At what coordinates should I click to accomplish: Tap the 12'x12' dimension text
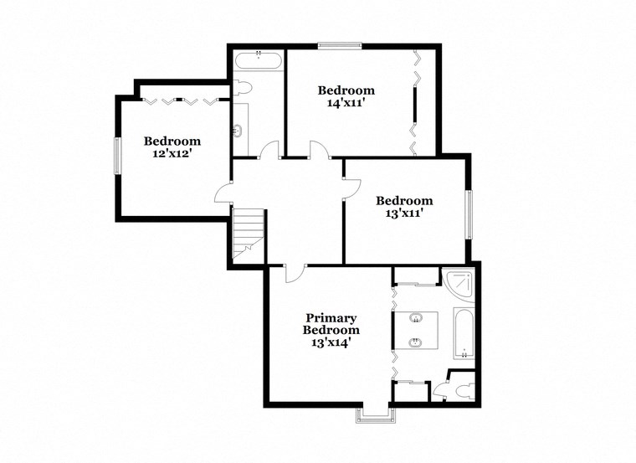[172, 154]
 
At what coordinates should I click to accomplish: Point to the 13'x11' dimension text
[404, 213]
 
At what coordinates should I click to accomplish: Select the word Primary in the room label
[331, 318]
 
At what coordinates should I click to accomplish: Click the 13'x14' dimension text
[331, 342]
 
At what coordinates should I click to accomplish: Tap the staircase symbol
[249, 235]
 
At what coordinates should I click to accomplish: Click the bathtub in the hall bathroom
[259, 59]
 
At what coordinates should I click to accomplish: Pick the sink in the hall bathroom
[238, 131]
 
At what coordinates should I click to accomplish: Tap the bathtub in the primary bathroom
[464, 332]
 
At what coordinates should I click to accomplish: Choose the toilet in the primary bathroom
[464, 389]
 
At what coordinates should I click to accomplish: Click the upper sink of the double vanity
[415, 318]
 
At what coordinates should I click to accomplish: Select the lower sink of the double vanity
[415, 342]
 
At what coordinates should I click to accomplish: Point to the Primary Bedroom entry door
[294, 272]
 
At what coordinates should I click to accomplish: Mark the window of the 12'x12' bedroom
[117, 155]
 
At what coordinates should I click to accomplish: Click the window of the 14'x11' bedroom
[340, 45]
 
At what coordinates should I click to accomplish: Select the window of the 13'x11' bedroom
[469, 213]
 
